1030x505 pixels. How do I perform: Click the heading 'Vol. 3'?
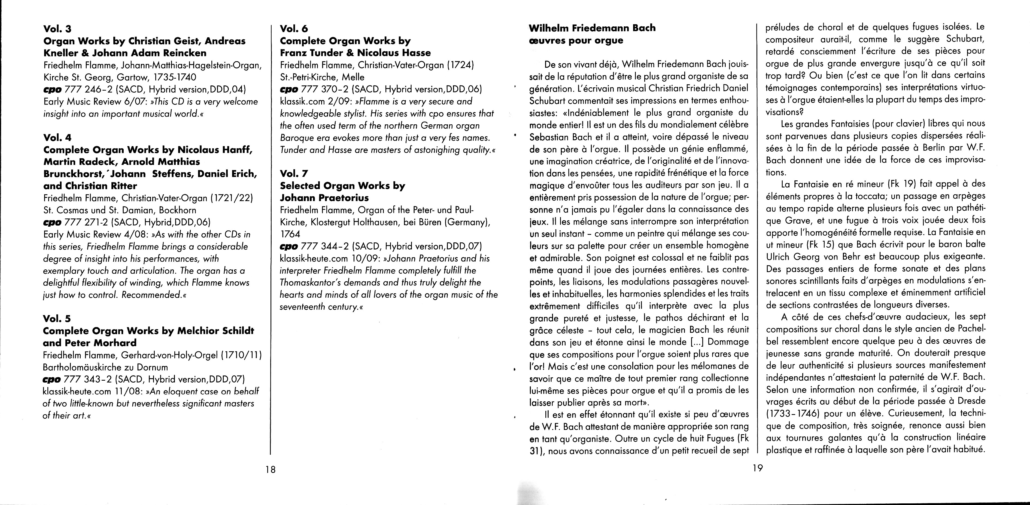click(x=57, y=29)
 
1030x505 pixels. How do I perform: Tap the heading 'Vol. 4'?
click(x=57, y=137)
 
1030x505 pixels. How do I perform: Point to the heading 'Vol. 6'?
click(x=294, y=29)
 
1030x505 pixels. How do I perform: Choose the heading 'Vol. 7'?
click(x=294, y=173)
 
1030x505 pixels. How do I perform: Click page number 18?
click(x=271, y=469)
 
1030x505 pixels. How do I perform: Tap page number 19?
click(x=757, y=468)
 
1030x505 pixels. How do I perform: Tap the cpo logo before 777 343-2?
click(x=51, y=379)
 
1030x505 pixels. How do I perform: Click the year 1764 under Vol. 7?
click(x=290, y=234)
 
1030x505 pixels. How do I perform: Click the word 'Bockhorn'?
click(x=178, y=210)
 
